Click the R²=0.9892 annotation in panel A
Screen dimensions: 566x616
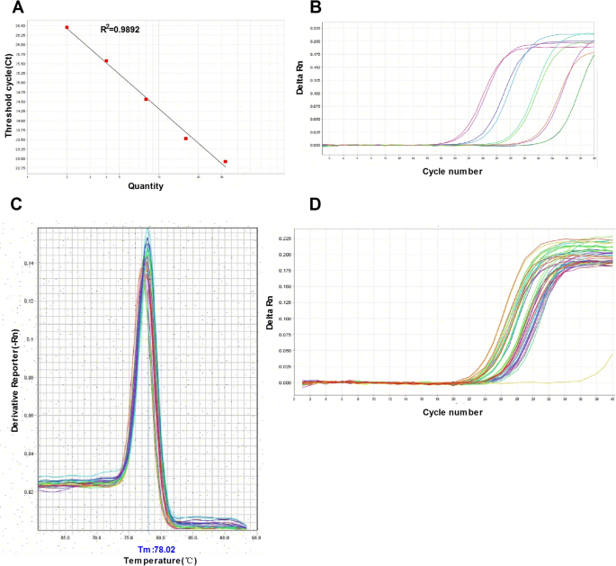coord(120,30)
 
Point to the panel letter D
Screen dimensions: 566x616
coord(315,204)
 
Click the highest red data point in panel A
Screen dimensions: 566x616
coord(67,27)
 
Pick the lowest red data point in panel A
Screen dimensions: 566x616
coord(225,162)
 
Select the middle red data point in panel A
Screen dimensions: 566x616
coord(146,99)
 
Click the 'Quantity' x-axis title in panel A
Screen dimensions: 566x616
coord(145,186)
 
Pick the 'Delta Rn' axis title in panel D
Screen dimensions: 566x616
coord(272,308)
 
